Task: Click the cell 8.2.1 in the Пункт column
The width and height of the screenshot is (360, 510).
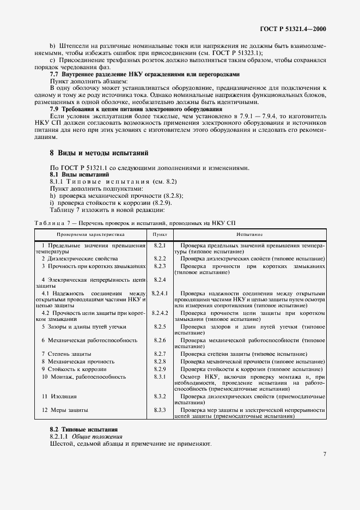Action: (160, 246)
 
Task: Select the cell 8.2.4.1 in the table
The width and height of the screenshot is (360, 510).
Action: (160, 293)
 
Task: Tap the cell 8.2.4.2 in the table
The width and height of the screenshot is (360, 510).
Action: (160, 313)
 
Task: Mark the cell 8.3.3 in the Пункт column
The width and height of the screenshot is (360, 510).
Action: (160, 410)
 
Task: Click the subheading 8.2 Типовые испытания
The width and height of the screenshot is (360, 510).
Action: (83, 429)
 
